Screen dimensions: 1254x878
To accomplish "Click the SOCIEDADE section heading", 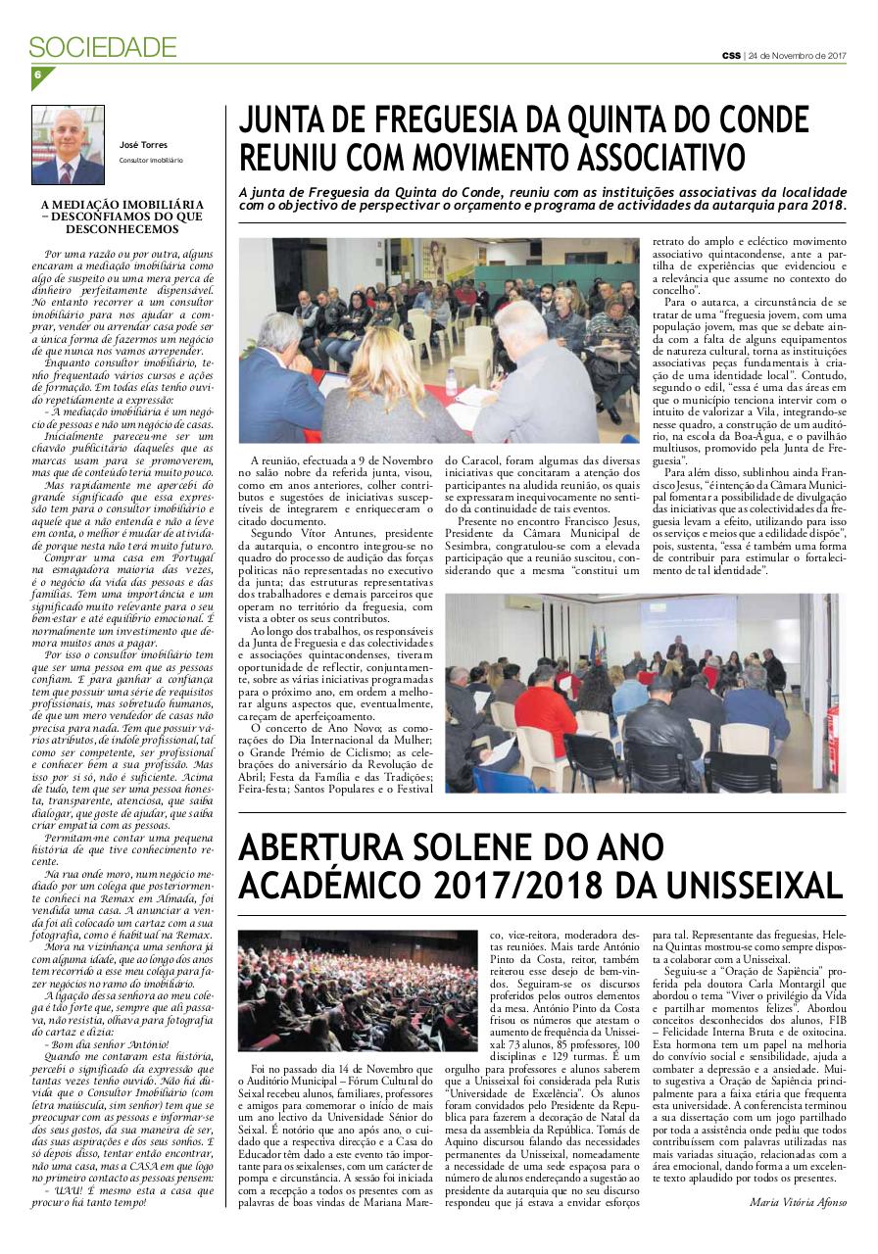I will pos(103,47).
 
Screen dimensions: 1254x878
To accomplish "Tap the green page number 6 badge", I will pos(38,75).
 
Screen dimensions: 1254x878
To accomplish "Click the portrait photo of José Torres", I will pos(68,145).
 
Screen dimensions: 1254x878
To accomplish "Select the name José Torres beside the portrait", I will pos(143,145).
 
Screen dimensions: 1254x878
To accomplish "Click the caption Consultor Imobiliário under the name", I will pos(151,159).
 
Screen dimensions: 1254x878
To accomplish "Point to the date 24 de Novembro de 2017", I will pos(797,55).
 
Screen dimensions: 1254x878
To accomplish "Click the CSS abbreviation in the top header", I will pos(731,55).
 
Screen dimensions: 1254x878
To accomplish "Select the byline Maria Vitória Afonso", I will pos(797,1203).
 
